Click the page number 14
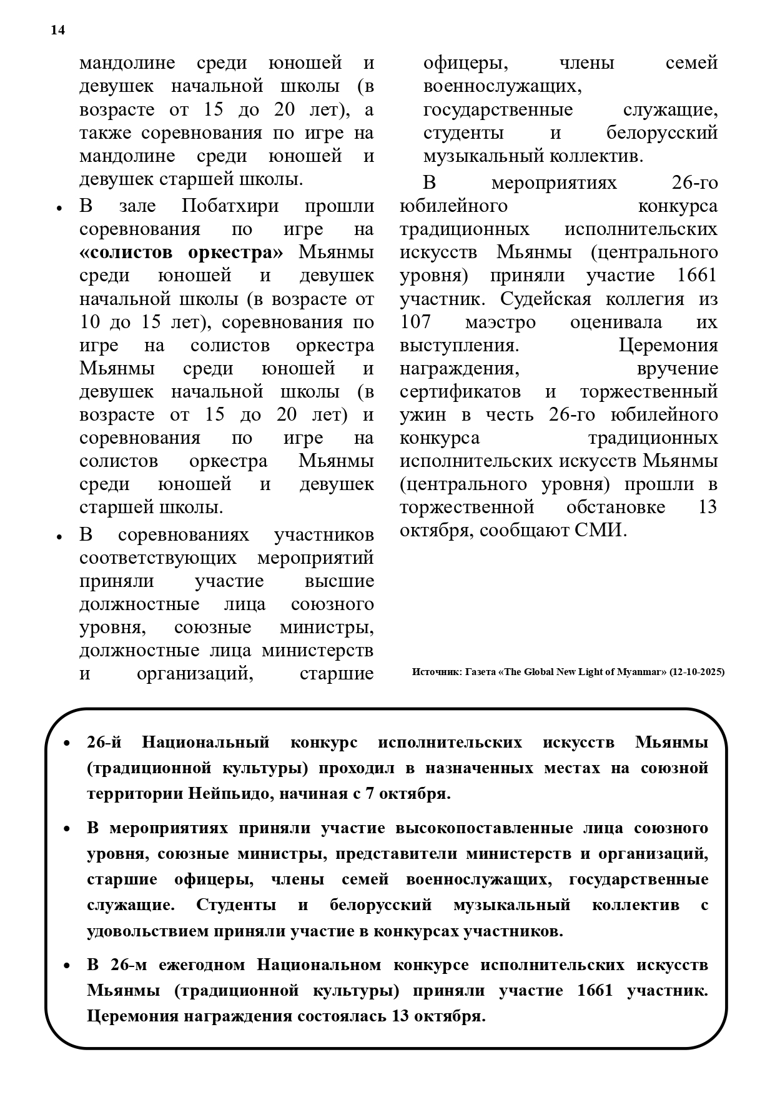pos(57,31)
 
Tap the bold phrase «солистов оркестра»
pos(181,253)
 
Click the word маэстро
pos(500,322)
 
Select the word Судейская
pos(545,299)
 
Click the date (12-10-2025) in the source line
pos(696,672)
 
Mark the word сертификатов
pos(460,392)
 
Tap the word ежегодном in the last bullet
pos(202,964)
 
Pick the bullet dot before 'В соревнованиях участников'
pos(59,538)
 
